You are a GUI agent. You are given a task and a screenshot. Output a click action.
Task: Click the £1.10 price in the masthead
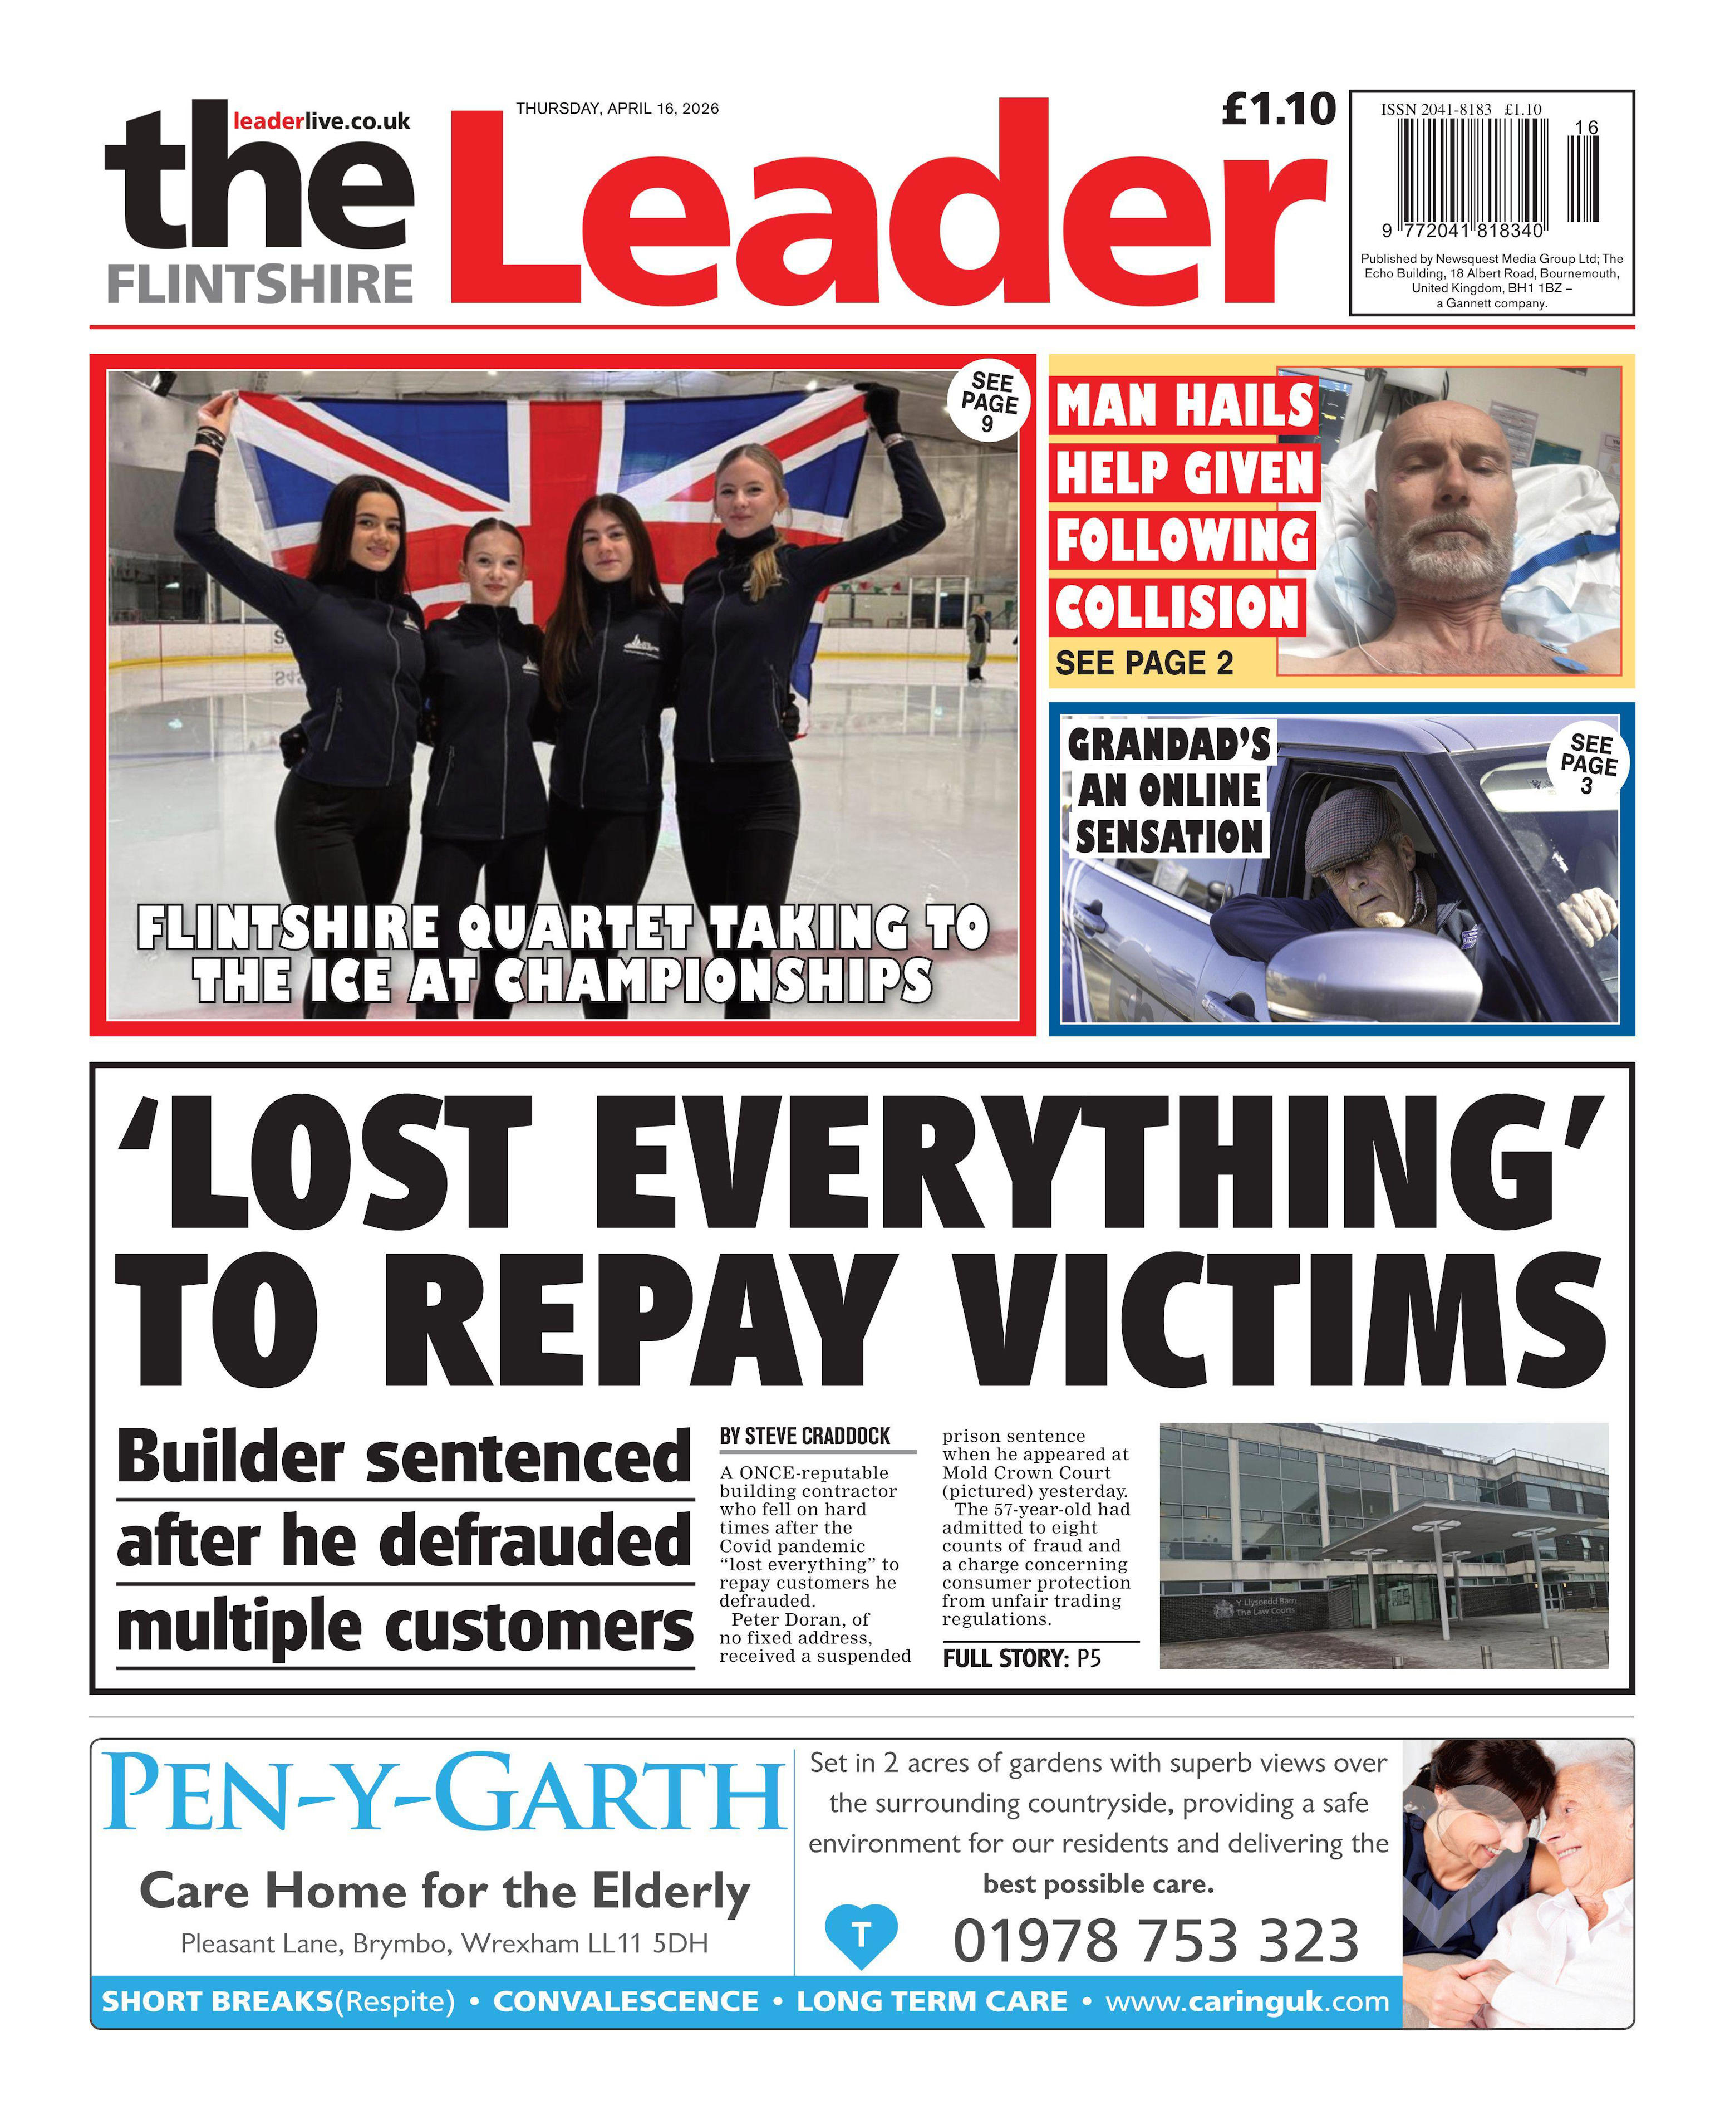(x=1278, y=109)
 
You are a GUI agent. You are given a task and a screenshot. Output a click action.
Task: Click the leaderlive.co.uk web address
(x=321, y=121)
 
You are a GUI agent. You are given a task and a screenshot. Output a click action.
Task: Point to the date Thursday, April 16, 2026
(x=617, y=109)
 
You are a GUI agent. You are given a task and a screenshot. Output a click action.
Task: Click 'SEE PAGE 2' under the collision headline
(x=1144, y=663)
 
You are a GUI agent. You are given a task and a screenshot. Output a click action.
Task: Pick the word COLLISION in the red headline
(x=1177, y=608)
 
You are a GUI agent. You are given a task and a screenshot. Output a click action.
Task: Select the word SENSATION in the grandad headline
(x=1168, y=837)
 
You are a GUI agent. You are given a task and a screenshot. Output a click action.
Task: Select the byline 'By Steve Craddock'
(x=805, y=1436)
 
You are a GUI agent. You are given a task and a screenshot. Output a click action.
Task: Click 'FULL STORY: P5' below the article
(x=1021, y=1658)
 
